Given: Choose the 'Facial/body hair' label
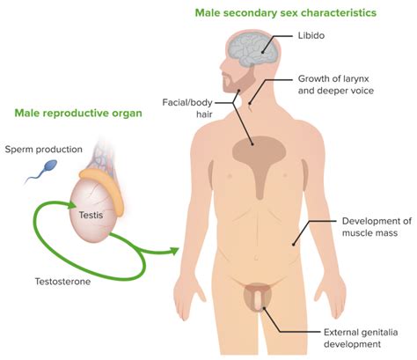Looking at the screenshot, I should tap(187, 108).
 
